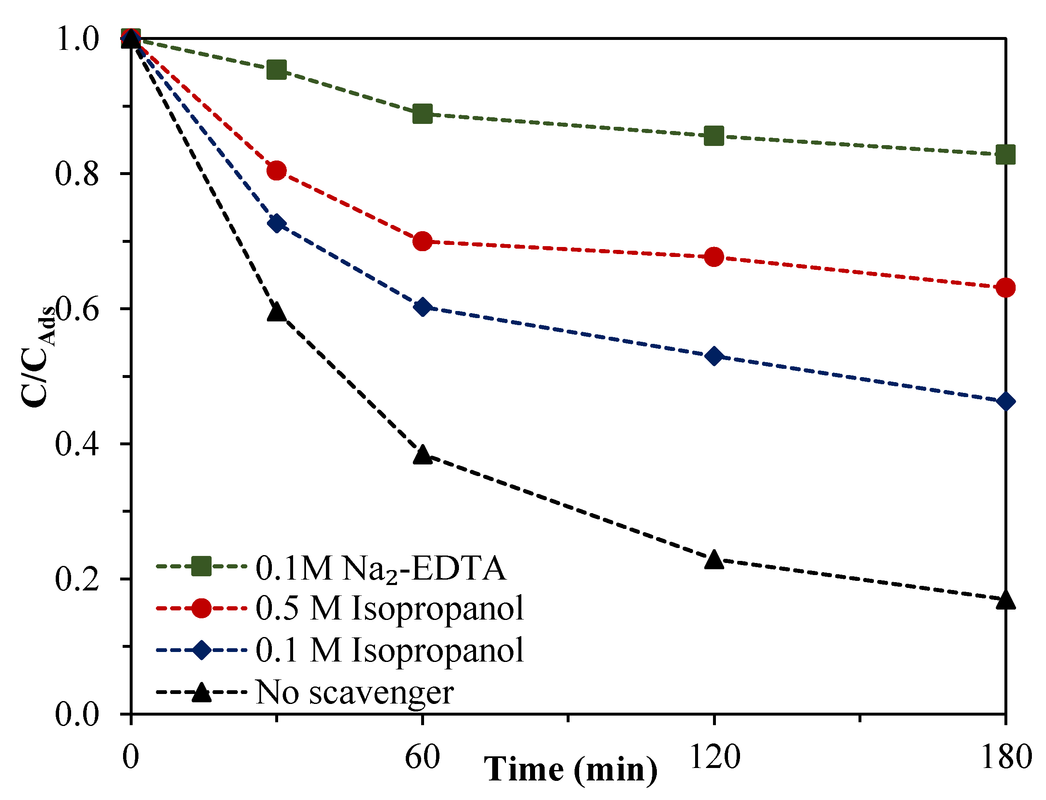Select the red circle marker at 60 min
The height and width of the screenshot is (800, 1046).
[x=422, y=242]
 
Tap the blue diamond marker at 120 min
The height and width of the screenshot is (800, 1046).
[x=714, y=356]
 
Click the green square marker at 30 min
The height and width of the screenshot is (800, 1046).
[x=276, y=70]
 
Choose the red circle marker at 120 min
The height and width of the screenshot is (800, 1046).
[x=714, y=257]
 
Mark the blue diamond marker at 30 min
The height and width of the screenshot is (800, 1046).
[x=276, y=223]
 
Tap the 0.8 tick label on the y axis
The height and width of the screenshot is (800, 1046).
[x=77, y=174]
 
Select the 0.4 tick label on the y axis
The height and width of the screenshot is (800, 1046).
[x=77, y=444]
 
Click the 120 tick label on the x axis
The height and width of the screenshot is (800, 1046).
[x=715, y=757]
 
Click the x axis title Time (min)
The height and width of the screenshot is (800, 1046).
[x=570, y=770]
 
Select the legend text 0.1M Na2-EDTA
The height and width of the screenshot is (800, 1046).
[x=380, y=568]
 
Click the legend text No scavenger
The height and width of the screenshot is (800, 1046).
[x=355, y=692]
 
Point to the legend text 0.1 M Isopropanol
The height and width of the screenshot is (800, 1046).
[x=390, y=650]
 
